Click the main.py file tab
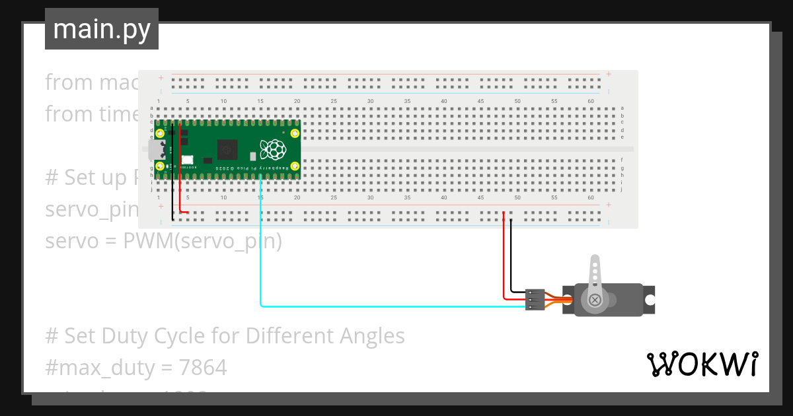[101, 30]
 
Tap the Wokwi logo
[702, 364]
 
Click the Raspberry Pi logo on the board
[272, 149]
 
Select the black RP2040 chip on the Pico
[228, 149]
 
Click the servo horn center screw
[595, 300]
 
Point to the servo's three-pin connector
[535, 299]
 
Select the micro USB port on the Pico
[156, 150]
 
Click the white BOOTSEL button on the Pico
[188, 159]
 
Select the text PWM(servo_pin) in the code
[202, 242]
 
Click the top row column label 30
[371, 101]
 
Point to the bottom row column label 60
[591, 198]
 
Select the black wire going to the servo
[511, 258]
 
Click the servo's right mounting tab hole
[650, 300]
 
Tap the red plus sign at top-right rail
[609, 74]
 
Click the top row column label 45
[481, 101]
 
